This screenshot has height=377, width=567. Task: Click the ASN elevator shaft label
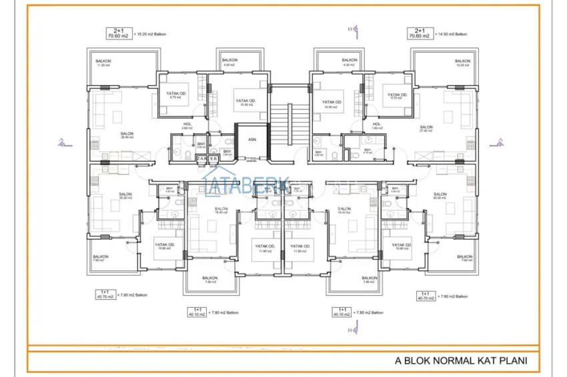tap(251, 140)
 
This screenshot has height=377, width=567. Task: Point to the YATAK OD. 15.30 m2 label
tap(246, 103)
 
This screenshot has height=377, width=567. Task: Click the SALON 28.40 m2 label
tap(126, 135)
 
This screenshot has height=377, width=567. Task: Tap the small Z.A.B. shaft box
tap(207, 159)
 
